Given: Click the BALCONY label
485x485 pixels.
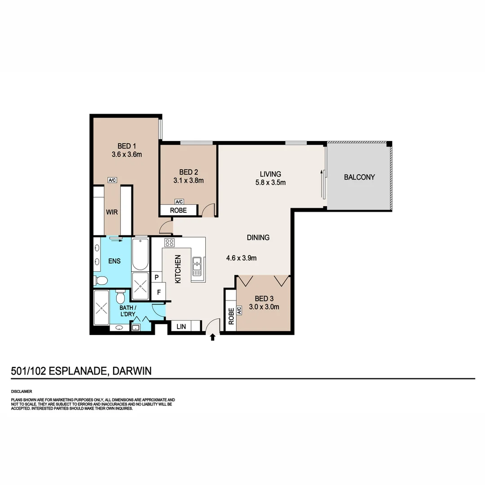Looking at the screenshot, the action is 359,177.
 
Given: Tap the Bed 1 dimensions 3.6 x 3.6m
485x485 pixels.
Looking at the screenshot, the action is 127,154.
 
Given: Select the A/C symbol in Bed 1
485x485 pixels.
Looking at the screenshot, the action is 112,180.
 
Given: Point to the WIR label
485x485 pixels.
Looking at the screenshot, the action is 112,212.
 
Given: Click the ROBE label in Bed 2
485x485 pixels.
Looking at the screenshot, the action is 178,210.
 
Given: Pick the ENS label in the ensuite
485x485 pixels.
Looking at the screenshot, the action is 115,261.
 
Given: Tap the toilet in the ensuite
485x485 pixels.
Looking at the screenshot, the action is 101,281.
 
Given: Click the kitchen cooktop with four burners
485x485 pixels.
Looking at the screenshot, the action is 169,242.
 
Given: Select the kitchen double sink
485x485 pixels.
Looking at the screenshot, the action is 197,266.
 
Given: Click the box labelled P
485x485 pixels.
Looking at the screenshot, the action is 157,277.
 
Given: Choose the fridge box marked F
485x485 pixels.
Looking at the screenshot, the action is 159,292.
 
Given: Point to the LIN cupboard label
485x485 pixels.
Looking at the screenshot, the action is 181,326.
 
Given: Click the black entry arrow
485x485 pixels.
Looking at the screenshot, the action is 212,337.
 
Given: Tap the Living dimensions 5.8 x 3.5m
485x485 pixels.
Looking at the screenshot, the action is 270,182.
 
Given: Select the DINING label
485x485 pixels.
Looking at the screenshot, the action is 258,238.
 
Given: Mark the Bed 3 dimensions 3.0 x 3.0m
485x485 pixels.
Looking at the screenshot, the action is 264,307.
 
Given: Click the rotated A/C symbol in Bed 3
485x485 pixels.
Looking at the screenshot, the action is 239,310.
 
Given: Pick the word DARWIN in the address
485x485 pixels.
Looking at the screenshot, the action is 132,371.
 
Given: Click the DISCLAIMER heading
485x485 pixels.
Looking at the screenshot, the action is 22,392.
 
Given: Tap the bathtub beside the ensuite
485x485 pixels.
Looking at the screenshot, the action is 140,254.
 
